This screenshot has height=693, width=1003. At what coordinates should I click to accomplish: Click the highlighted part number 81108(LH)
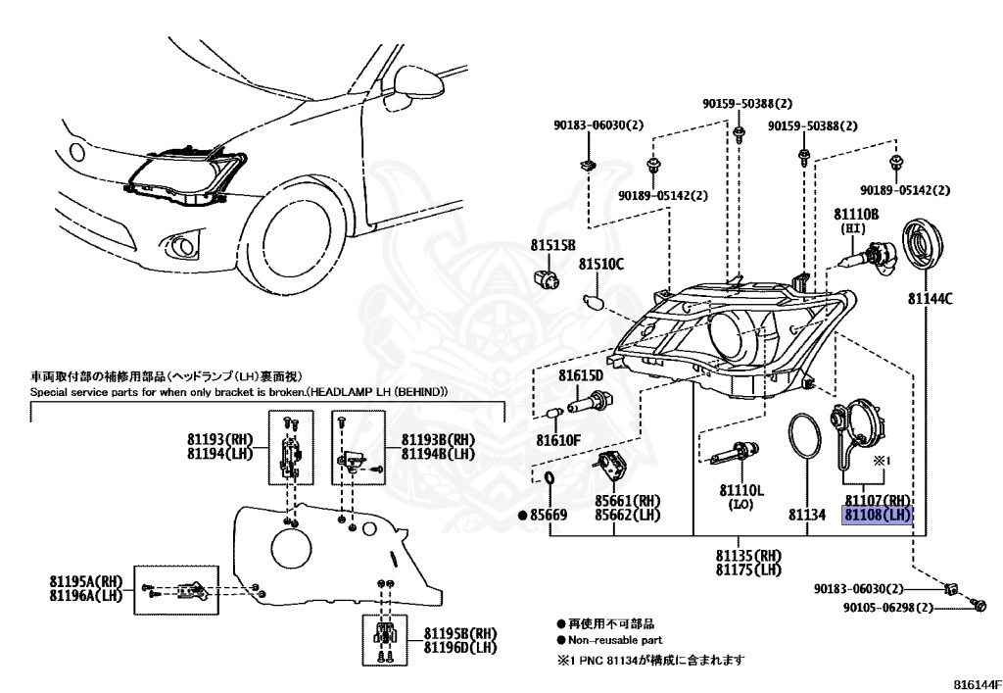[x=878, y=515]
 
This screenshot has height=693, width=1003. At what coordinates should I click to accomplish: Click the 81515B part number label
[x=553, y=244]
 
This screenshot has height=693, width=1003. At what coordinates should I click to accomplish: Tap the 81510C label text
[x=600, y=265]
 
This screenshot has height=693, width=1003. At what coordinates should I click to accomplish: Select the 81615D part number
[x=581, y=375]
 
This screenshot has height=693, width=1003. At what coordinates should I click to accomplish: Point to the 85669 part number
[x=549, y=515]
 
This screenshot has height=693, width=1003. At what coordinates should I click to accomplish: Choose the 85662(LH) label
[x=628, y=515]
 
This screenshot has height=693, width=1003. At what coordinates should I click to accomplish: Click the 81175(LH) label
[x=749, y=569]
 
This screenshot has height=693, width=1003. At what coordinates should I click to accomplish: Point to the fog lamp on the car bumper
[x=184, y=242]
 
